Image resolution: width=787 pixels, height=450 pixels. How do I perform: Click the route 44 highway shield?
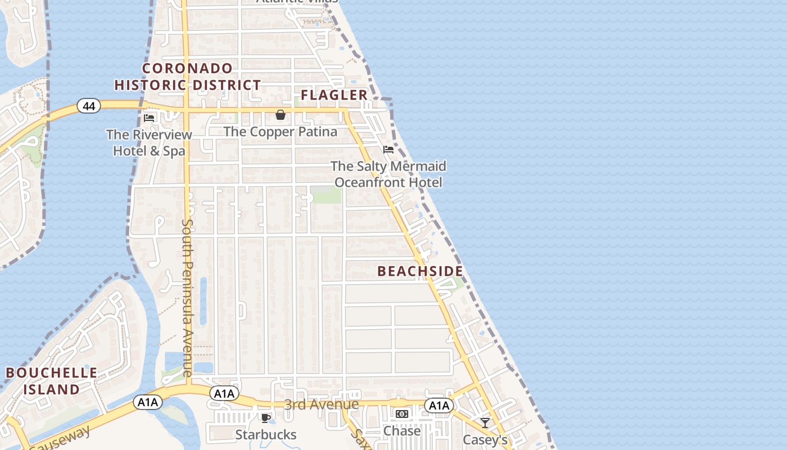point(89,105)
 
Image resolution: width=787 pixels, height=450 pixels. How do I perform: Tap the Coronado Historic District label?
point(188,77)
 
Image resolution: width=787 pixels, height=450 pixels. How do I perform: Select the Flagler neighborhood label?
point(334,95)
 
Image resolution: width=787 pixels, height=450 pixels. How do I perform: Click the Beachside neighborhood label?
point(420,271)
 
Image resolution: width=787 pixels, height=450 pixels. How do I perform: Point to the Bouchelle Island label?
point(51,381)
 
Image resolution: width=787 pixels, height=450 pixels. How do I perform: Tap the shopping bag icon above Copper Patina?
point(280,115)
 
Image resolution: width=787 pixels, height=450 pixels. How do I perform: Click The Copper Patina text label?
point(281,132)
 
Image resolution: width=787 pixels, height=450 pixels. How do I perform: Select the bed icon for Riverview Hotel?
point(149,118)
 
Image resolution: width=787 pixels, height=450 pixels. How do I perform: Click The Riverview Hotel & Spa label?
point(149,143)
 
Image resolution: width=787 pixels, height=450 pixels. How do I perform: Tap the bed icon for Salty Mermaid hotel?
point(388,150)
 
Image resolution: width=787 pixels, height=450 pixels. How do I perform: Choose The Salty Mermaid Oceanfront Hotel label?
point(388,174)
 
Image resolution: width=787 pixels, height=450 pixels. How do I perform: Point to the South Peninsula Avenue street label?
point(187,298)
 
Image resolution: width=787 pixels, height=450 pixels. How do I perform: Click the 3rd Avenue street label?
point(321,404)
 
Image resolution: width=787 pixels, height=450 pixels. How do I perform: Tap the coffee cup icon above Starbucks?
point(265,417)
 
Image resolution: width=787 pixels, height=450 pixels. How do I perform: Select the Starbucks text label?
point(265,434)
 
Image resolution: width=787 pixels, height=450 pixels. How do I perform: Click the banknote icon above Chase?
point(401,414)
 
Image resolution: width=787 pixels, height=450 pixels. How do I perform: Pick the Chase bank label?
point(401,431)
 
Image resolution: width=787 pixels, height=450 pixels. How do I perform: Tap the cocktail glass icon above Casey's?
point(485,423)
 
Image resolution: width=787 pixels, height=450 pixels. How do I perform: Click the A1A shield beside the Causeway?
point(148,402)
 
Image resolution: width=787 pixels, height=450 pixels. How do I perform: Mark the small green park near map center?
point(327,196)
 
